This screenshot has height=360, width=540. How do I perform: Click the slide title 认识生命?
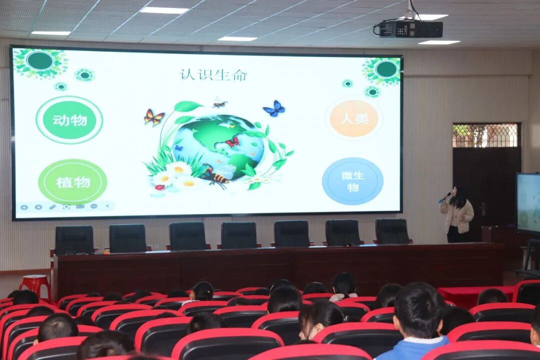click(213, 75)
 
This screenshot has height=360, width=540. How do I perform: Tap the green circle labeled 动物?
click(69, 119)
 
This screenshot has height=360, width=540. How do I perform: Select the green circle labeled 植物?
click(72, 181)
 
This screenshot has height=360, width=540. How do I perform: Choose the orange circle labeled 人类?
click(354, 118)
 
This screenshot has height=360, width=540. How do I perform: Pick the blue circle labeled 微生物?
click(352, 181)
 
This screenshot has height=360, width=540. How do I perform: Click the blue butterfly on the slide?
click(274, 108)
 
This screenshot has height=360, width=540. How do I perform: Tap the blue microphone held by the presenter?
click(444, 197)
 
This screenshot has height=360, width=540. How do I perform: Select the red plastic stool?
click(34, 285)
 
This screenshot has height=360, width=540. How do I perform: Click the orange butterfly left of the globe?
click(154, 117)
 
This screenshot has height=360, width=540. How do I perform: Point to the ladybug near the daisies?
click(160, 187)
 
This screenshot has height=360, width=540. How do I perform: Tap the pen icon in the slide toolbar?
click(52, 206)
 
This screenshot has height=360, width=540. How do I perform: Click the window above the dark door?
click(485, 135)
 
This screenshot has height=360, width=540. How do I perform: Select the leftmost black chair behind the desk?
click(74, 240)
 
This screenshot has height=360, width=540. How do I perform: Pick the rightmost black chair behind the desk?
click(392, 231)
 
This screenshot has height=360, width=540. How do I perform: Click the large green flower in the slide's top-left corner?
click(40, 62)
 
